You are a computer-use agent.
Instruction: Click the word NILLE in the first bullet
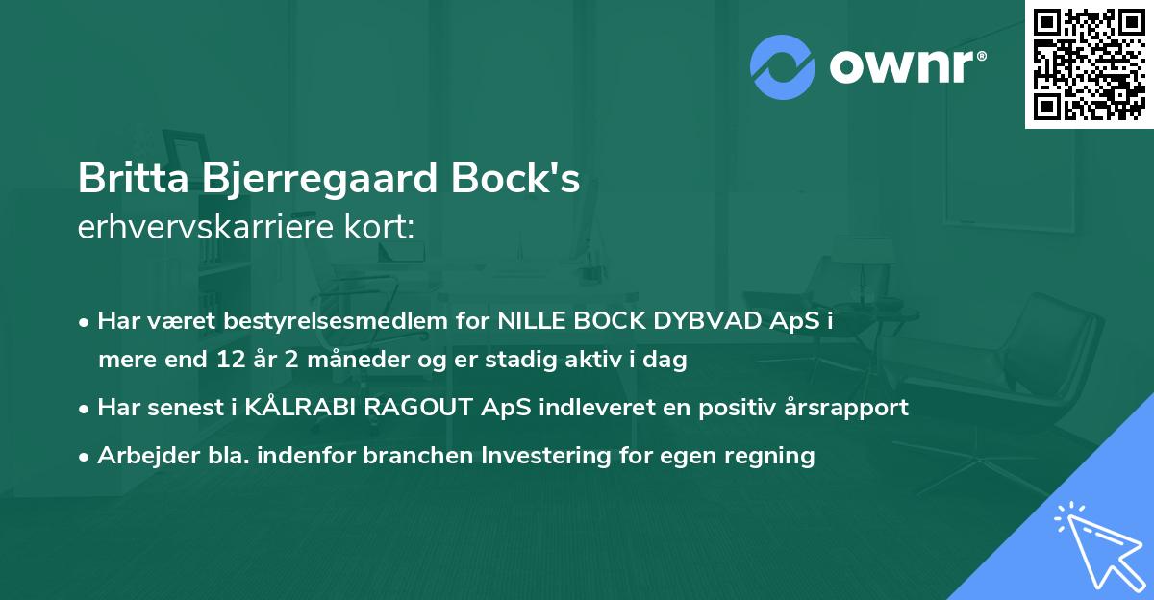529,321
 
